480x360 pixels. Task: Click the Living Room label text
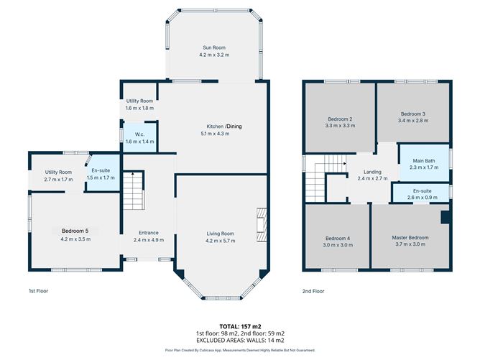(x=220, y=234)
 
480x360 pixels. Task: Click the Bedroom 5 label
(x=75, y=231)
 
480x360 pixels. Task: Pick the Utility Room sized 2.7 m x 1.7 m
(x=59, y=172)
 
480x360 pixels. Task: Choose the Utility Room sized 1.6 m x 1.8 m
(x=139, y=101)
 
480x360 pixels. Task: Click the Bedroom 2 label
(x=339, y=119)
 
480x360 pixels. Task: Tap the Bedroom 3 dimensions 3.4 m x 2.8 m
(x=413, y=121)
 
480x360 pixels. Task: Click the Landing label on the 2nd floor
(x=372, y=172)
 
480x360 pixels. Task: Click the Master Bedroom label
(x=410, y=237)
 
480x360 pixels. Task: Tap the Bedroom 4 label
(x=337, y=238)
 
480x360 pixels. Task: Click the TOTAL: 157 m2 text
(x=240, y=326)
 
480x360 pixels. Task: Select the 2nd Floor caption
(x=313, y=292)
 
